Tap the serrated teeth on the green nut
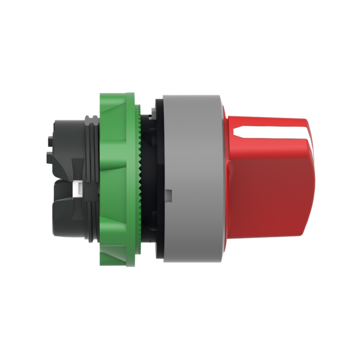(x=140, y=180)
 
